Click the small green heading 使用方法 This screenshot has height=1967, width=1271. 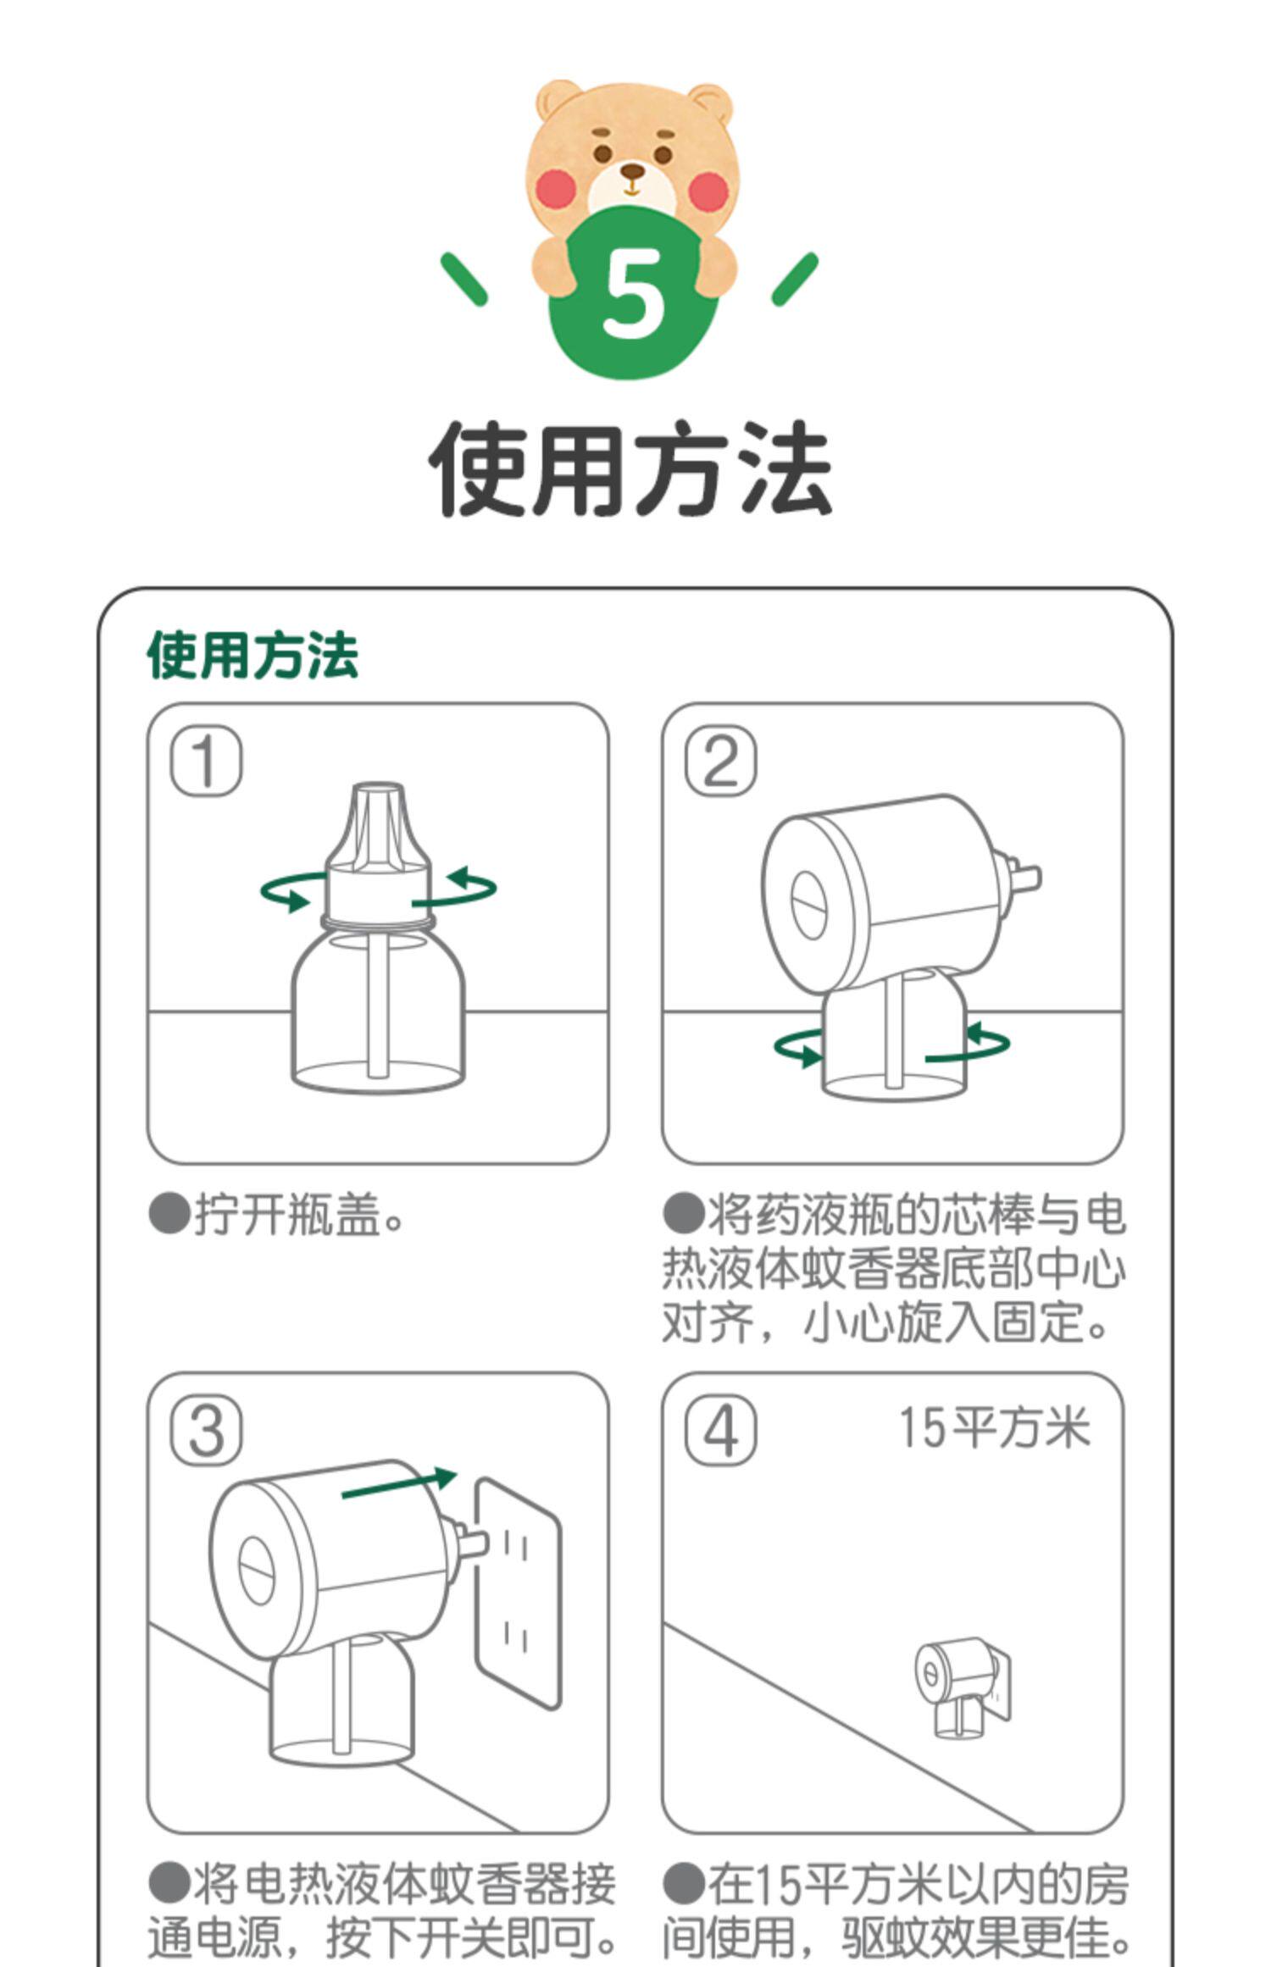pyautogui.click(x=253, y=655)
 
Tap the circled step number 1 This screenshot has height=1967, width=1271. pyautogui.click(x=207, y=762)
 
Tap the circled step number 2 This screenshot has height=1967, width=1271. pyautogui.click(x=720, y=762)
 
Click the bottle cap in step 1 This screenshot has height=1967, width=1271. pyautogui.click(x=379, y=851)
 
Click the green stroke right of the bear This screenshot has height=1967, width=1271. pyautogui.click(x=795, y=279)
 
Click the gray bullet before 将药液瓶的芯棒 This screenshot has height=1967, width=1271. pyautogui.click(x=683, y=1214)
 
